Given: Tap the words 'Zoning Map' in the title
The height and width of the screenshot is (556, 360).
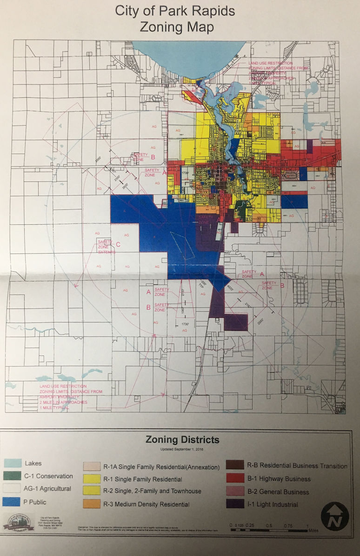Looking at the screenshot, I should [x=177, y=27].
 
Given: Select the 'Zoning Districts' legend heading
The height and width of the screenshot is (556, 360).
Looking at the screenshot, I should [x=182, y=439].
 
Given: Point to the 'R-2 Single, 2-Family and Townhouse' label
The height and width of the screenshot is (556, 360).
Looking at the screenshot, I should [x=152, y=491].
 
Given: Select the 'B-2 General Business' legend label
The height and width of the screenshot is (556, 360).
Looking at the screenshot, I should [x=279, y=492].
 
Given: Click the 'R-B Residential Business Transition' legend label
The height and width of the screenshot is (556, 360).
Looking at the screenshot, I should [x=297, y=466].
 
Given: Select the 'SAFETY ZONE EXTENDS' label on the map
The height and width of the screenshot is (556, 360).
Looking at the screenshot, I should [x=107, y=247].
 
